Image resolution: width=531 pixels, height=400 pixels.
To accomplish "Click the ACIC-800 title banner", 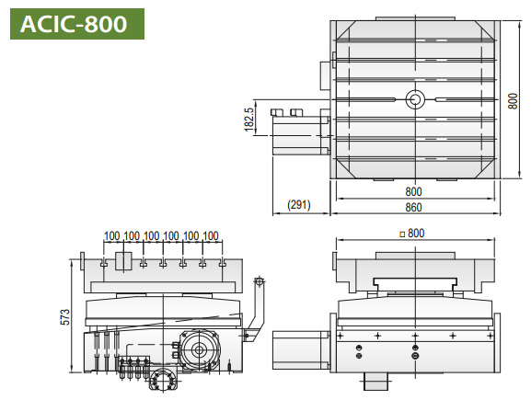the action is click(77, 24).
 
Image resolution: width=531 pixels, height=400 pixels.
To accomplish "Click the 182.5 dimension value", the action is click(248, 120).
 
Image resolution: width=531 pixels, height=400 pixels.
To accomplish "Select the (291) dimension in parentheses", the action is click(299, 205).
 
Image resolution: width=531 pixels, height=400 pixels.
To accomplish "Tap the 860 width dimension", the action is click(413, 207).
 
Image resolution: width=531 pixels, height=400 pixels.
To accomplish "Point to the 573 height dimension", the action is click(65, 317).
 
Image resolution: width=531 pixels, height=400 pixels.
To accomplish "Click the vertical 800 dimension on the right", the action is click(513, 101).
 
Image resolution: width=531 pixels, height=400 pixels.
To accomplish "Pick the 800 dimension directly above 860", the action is click(413, 191).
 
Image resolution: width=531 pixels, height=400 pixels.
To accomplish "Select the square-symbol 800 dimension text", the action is click(412, 234).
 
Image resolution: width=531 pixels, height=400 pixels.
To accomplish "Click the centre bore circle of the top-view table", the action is click(415, 99).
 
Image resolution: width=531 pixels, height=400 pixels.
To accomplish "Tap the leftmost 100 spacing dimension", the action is click(111, 235).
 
